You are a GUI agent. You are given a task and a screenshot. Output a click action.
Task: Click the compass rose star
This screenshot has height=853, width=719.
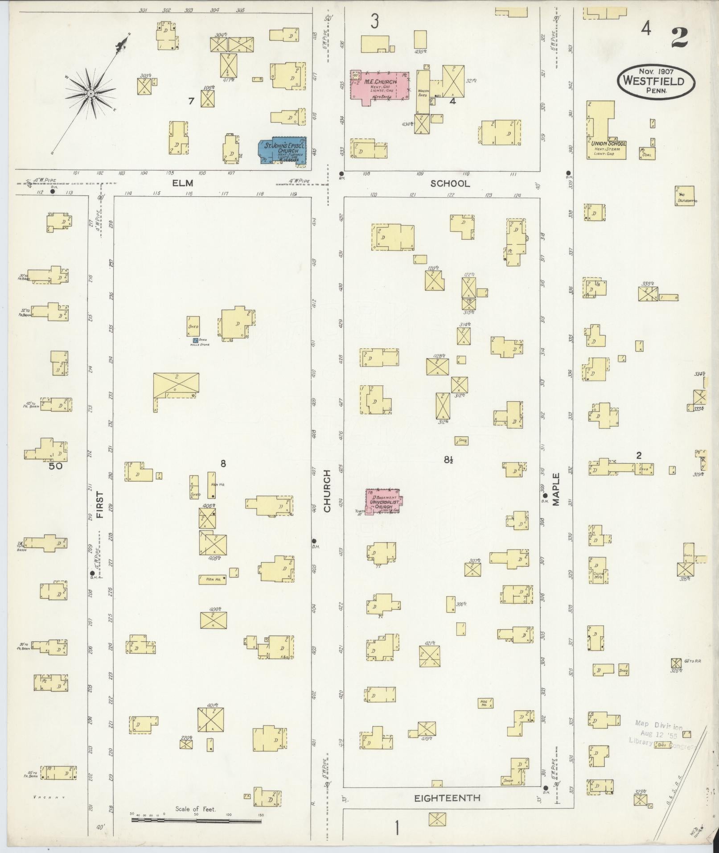point(90,93)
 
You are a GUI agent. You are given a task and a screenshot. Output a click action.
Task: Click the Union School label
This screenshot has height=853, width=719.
point(608,144)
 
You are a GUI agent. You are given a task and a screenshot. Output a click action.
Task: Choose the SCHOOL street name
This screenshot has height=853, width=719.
point(450,183)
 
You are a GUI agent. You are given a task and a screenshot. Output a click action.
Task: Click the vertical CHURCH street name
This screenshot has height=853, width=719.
point(327,491)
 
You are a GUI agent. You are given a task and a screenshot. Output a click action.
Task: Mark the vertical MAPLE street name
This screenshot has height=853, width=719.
point(556,489)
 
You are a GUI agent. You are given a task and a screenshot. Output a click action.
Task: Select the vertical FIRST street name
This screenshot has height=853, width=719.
point(99,504)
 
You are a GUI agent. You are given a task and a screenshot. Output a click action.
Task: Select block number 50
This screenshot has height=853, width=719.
point(56,466)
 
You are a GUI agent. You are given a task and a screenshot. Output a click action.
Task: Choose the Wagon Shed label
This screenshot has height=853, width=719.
point(423,93)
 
